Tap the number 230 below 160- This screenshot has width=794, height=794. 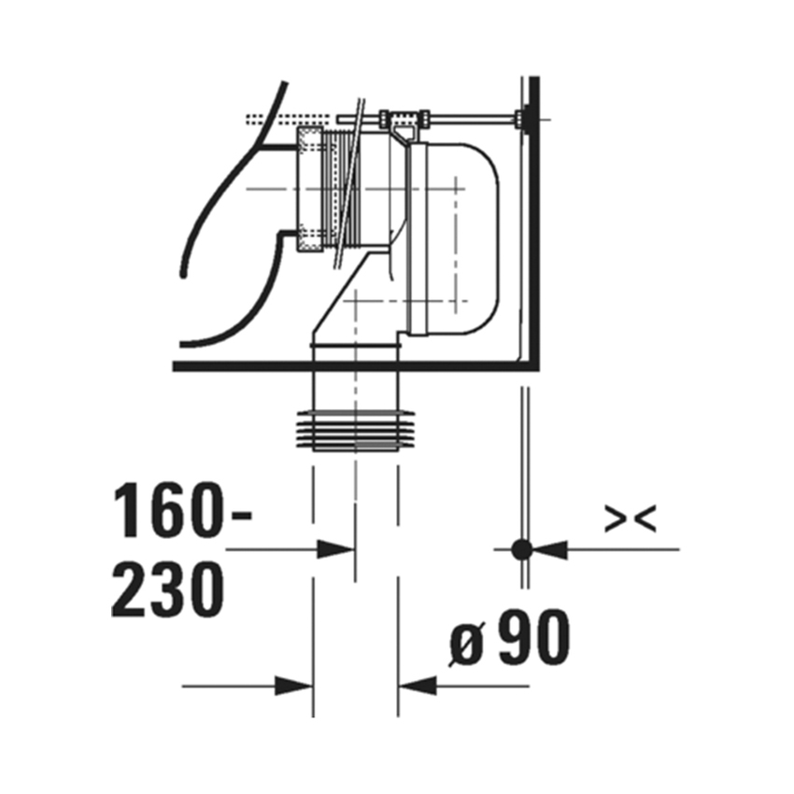[x=168, y=588]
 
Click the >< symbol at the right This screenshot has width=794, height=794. [x=629, y=519]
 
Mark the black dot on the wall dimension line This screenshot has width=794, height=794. [x=522, y=548]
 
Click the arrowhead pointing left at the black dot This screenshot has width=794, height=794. [x=551, y=549]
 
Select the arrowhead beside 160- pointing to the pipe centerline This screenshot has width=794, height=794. [x=336, y=549]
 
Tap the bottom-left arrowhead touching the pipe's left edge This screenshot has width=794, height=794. [x=294, y=687]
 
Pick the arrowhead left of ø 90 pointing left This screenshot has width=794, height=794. [x=417, y=687]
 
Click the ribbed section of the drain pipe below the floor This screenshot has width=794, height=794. [x=355, y=430]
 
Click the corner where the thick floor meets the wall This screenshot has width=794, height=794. [x=531, y=364]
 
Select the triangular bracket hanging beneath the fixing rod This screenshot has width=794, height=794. [x=403, y=135]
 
